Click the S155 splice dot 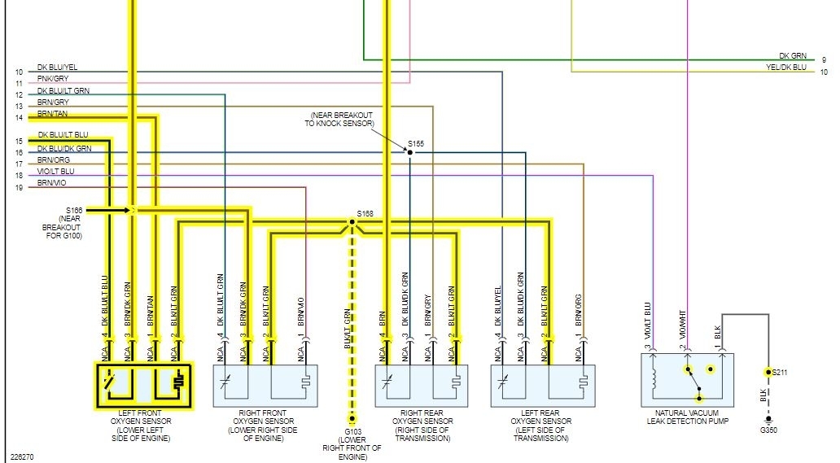coord(410,152)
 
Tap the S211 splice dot coord(767,372)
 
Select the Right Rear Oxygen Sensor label coord(427,426)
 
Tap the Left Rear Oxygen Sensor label coord(542,426)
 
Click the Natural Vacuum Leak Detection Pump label coord(687,417)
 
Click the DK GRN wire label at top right coord(793,56)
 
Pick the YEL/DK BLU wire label coord(787,68)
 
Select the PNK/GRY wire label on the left coord(54,79)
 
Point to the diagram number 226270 coord(22,456)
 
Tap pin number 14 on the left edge coord(19,118)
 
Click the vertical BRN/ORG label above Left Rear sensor coord(578,310)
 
